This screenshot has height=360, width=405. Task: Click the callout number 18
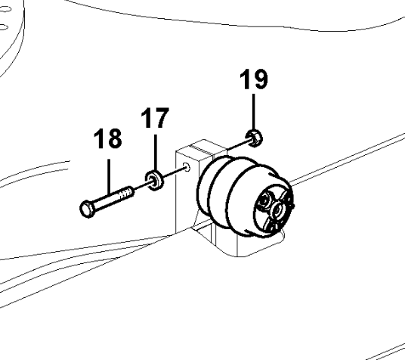tap(107, 138)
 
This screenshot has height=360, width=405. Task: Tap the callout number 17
tap(155, 118)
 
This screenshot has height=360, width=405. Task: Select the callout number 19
tap(254, 79)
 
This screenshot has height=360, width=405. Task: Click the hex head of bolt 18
tap(88, 208)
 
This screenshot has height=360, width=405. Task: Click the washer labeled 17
tap(154, 180)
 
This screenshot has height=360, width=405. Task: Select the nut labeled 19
tap(254, 138)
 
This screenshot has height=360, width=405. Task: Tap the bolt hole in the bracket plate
tap(187, 167)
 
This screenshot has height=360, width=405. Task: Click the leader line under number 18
tap(109, 177)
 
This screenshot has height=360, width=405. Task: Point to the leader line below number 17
tap(155, 153)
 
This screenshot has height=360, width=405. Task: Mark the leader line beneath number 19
tap(254, 112)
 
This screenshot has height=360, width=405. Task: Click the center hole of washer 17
tap(154, 180)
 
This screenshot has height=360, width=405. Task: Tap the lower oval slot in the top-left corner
tap(4, 27)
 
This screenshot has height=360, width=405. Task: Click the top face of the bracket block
tap(202, 147)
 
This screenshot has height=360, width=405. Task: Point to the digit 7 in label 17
tap(162, 118)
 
